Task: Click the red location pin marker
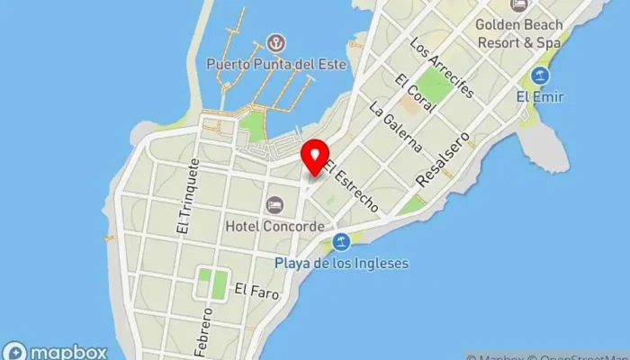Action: click(x=315, y=157)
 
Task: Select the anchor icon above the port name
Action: click(x=275, y=42)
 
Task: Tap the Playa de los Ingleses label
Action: click(x=342, y=264)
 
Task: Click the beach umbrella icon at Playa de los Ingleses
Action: click(x=341, y=241)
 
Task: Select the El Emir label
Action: click(x=540, y=96)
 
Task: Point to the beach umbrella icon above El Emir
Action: click(x=540, y=75)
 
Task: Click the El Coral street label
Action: click(x=414, y=93)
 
